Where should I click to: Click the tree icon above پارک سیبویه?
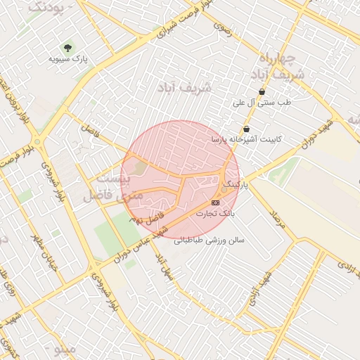pos(67,48)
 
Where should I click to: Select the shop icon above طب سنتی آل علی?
pos(262,91)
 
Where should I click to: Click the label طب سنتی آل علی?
pos(262,103)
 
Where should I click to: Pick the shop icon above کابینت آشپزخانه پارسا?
pos(246,129)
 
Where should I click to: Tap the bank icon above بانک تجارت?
pos(214,202)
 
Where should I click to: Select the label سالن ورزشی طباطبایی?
pos(210,240)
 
